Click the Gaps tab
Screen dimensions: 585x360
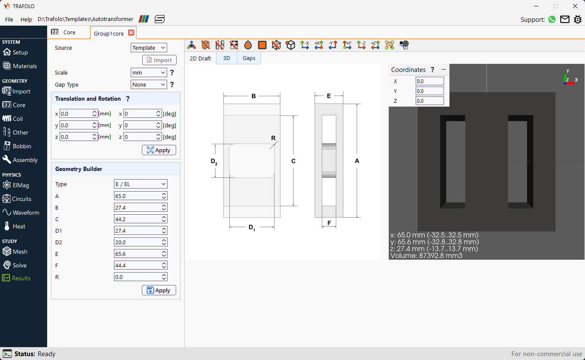[x=249, y=58]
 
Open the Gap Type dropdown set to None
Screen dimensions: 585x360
[x=149, y=85]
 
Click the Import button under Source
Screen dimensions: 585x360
[x=159, y=60]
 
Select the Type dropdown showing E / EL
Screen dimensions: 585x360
[x=141, y=184]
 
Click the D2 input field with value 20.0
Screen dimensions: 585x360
[x=141, y=242]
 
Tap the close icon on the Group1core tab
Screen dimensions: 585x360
[x=131, y=33]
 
